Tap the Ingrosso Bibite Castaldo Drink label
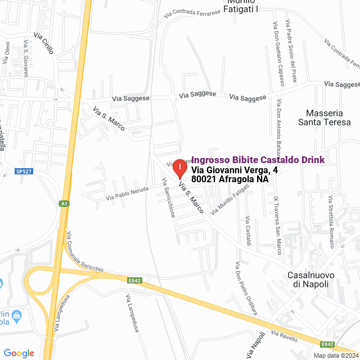(258, 160)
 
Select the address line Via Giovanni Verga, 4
(235, 170)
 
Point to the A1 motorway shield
(65, 204)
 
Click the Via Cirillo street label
(44, 43)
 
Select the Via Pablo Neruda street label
(127, 193)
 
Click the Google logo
(19, 353)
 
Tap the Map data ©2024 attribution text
(336, 355)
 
